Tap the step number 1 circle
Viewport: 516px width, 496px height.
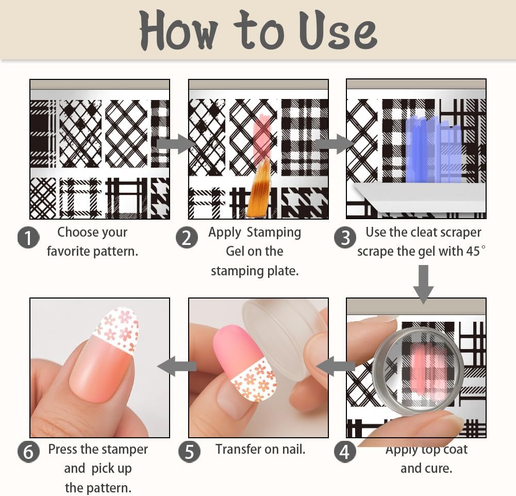pyautogui.click(x=28, y=238)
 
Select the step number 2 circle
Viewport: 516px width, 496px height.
pyautogui.click(x=186, y=238)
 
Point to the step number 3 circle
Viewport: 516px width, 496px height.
pyautogui.click(x=344, y=238)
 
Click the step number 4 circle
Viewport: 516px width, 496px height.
pyautogui.click(x=344, y=452)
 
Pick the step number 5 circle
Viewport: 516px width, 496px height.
pyautogui.click(x=189, y=452)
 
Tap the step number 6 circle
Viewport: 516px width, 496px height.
pyautogui.click(x=28, y=452)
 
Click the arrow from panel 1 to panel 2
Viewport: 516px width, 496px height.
pyautogui.click(x=174, y=144)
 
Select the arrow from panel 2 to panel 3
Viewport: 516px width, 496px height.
pyautogui.click(x=332, y=144)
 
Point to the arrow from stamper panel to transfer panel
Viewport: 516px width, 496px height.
pyautogui.click(x=335, y=367)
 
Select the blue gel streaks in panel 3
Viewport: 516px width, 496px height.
pyautogui.click(x=433, y=150)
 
